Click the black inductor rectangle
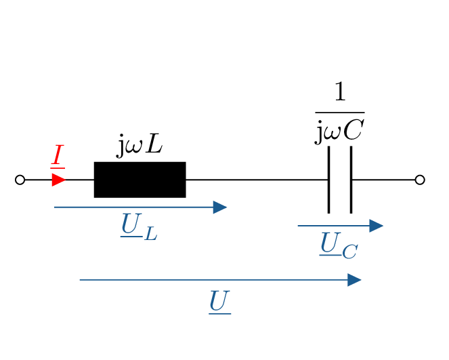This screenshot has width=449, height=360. click(140, 180)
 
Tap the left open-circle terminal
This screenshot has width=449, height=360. click(20, 180)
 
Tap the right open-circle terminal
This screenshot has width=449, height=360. click(420, 180)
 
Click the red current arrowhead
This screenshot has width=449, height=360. click(59, 180)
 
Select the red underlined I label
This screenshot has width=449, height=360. click(58, 157)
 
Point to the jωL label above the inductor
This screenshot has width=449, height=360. click(140, 145)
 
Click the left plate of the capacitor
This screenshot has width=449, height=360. click(328, 180)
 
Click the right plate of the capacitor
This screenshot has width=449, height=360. click(351, 180)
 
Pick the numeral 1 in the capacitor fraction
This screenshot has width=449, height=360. click(339, 94)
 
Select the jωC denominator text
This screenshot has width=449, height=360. click(339, 131)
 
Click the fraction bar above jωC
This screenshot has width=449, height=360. click(339, 112)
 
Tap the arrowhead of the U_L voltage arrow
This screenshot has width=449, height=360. click(219, 207)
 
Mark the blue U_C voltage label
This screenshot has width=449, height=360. click(338, 245)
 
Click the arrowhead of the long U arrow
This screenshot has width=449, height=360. click(354, 280)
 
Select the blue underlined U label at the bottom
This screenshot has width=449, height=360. click(220, 300)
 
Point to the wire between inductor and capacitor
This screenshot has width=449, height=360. click(257, 180)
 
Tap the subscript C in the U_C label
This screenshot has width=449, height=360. click(349, 252)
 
